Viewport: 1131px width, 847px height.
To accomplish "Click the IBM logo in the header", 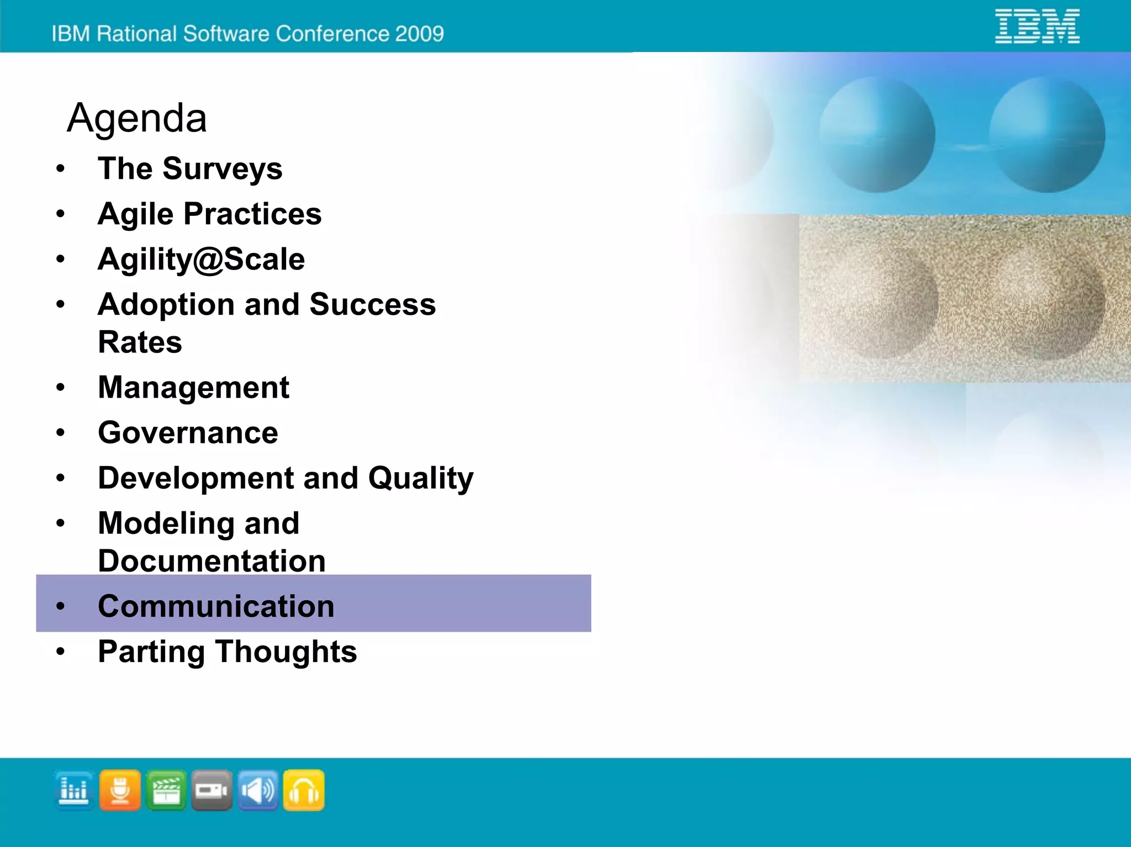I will click(x=1037, y=26).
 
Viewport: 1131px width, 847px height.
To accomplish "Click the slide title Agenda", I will click(x=136, y=118).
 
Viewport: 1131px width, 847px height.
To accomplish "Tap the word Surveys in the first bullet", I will click(x=222, y=169).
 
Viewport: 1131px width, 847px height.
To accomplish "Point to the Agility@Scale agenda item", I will click(x=201, y=260).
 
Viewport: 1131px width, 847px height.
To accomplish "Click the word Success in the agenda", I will click(x=372, y=305).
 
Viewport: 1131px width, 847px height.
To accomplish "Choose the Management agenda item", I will click(x=193, y=388).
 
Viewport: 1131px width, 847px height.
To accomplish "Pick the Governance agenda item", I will click(x=188, y=433).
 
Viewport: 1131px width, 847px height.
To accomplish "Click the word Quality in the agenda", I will click(x=421, y=479).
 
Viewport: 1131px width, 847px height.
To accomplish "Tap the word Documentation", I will click(x=212, y=561).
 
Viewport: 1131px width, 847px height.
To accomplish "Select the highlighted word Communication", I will click(x=216, y=606).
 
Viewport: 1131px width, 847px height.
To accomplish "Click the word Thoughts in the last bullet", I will click(x=286, y=652).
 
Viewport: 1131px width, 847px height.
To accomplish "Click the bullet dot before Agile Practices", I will click(x=61, y=214).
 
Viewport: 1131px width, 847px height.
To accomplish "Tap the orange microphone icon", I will click(x=120, y=790).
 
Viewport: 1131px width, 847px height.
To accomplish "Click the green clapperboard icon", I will click(x=166, y=790).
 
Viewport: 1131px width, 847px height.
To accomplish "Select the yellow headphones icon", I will click(x=304, y=790).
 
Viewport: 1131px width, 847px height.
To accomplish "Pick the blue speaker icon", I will click(x=258, y=790).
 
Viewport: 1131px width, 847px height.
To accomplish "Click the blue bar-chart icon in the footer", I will click(x=74, y=790).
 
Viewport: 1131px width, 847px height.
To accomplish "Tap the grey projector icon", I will click(x=212, y=790).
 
